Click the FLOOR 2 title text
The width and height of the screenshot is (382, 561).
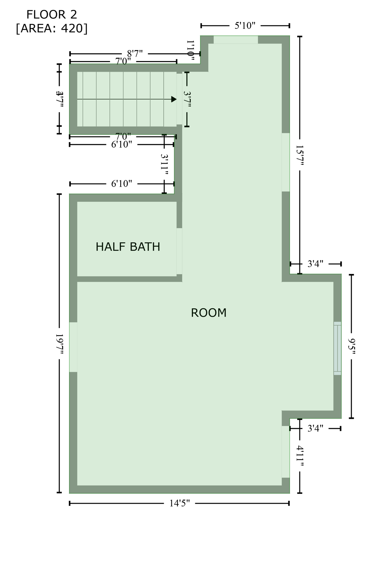52,15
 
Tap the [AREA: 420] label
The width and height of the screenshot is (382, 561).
52,28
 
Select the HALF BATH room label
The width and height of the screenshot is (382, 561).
128,247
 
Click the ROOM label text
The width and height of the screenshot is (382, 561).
209,313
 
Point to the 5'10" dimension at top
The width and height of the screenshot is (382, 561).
245,26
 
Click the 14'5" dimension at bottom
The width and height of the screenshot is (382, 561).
179,503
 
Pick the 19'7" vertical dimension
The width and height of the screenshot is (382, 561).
60,343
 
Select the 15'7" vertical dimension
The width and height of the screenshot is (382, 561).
300,155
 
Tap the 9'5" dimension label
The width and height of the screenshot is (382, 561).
352,346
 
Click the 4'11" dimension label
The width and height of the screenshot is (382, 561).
300,456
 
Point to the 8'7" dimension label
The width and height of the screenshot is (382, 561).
135,54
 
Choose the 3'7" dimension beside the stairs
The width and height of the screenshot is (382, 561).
187,99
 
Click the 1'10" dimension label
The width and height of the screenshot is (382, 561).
190,49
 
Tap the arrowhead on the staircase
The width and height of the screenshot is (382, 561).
174,99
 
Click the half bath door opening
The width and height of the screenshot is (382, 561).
179,251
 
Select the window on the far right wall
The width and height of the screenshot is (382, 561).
337,348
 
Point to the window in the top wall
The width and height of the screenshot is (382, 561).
236,39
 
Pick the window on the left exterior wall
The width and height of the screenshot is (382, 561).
73,347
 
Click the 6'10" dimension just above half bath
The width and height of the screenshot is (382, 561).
122,183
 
